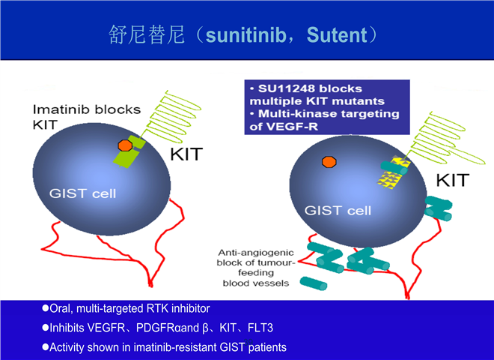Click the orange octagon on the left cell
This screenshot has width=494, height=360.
pos(125,145)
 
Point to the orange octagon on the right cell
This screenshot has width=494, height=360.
pos(328,160)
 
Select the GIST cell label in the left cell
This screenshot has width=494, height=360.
pos(84,193)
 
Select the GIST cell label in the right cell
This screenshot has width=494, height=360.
pos(338,210)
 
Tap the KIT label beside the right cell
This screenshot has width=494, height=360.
pos(452,180)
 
